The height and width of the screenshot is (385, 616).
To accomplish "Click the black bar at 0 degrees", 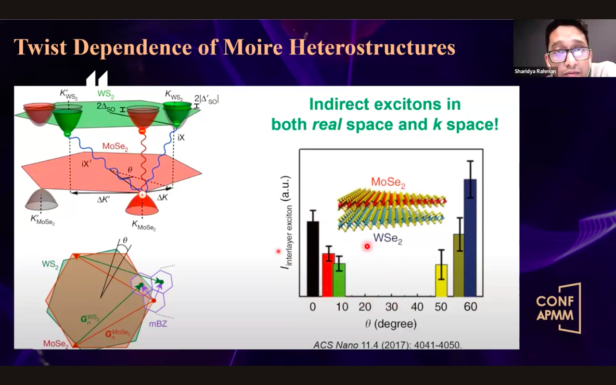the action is [313, 259].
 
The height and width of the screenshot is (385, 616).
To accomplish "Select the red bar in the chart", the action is [328, 275].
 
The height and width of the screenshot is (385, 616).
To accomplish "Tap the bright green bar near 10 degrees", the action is [339, 280].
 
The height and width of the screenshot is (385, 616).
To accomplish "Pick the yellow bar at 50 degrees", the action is [441, 281].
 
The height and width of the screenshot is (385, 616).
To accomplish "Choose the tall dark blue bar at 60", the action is [471, 238].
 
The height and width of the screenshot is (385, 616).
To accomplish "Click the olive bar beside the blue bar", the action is [459, 265].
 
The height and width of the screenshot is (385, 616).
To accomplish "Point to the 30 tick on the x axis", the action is [391, 307].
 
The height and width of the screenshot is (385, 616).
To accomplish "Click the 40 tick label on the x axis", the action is [417, 307].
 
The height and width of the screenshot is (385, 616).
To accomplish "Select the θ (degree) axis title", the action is [391, 324].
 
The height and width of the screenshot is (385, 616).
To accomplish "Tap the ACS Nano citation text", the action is [388, 345].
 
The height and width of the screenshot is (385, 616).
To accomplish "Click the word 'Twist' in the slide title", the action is [40, 47].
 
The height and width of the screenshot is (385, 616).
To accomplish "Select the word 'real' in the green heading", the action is [327, 124].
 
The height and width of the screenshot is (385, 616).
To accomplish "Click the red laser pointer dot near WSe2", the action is [367, 246].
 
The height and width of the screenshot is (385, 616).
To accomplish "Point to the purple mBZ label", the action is [158, 324].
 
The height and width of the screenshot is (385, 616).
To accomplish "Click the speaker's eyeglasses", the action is [569, 54].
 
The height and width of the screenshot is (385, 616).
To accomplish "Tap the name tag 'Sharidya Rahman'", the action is [535, 71].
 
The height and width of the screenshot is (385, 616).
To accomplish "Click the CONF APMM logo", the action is [558, 308].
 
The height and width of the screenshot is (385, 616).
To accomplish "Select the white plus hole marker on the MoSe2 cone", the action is [142, 195].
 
